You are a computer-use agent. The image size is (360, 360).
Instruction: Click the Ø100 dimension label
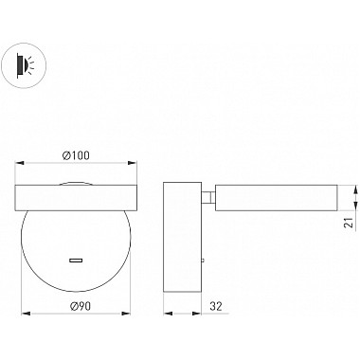(76, 155)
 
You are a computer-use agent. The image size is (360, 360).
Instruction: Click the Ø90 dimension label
(81, 306)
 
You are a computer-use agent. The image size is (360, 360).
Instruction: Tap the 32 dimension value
(216, 306)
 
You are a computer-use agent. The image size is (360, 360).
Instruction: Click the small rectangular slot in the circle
(76, 261)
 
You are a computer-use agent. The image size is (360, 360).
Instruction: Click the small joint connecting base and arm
(208, 198)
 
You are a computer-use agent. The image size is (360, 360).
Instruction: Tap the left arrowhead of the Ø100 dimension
(20, 163)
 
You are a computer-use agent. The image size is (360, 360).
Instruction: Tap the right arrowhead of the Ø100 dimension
(133, 163)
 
